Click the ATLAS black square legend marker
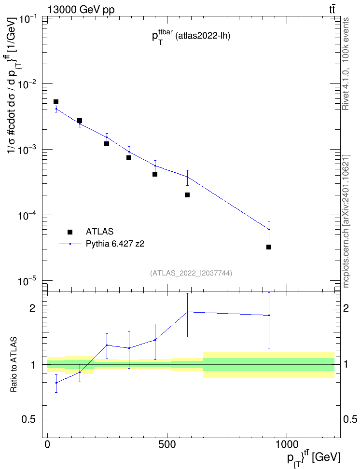(70, 232)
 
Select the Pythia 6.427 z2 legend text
(115, 244)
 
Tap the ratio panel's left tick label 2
(32, 308)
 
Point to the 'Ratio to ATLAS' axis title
(14, 365)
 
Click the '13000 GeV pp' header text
(81, 10)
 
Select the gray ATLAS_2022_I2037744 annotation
(191, 273)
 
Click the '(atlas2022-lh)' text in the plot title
(203, 36)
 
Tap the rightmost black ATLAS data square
(269, 247)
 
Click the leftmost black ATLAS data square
(55, 102)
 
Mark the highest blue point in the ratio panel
(188, 312)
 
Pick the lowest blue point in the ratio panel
(56, 383)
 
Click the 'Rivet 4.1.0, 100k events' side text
(346, 64)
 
